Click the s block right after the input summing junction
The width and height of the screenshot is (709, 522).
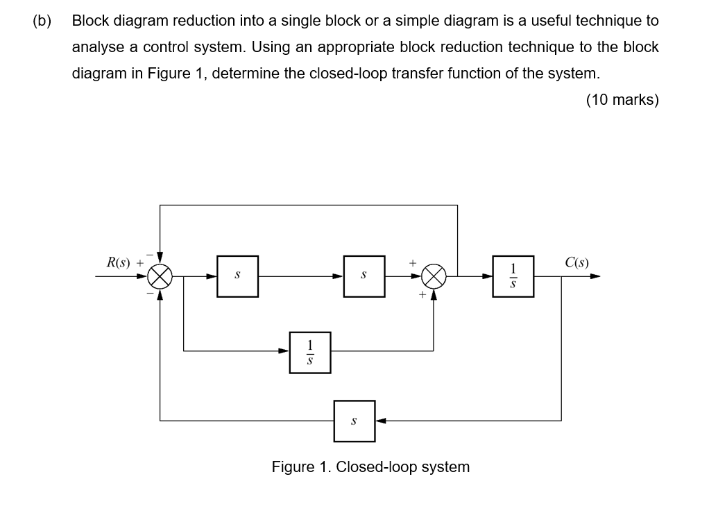coord(237,276)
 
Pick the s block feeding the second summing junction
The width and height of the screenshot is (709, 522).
coord(364,276)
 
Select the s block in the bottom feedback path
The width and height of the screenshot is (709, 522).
coord(354,421)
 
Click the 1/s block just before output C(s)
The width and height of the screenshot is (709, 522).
coord(513,276)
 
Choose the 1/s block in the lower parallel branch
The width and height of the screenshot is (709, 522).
coord(310,352)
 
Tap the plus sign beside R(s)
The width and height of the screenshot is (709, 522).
coord(140,263)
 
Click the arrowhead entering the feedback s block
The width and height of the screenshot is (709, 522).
coord(380,421)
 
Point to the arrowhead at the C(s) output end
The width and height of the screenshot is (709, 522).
coord(595,276)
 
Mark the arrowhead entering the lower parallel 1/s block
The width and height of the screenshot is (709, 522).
coord(284,352)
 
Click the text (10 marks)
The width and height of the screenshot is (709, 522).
coord(622,100)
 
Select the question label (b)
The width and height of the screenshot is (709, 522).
coord(42,21)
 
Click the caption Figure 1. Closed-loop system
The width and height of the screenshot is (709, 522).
coord(370,466)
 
